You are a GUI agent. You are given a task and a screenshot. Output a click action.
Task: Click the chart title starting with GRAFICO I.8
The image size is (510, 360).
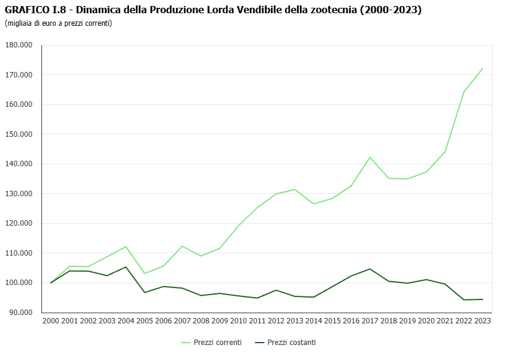213,10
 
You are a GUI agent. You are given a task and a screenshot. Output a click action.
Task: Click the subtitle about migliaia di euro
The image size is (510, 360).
58,23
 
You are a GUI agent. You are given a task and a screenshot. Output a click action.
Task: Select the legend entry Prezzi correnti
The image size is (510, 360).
218,343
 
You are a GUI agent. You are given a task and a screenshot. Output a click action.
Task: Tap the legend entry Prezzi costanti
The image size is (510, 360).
292,343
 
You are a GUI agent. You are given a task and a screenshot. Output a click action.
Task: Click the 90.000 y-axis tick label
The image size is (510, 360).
20,313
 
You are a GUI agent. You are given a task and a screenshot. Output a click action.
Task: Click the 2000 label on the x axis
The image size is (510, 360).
51,321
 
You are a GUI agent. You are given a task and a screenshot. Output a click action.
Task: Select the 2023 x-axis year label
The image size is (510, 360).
482,321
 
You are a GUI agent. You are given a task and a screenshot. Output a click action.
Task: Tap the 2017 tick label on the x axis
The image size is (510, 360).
370,321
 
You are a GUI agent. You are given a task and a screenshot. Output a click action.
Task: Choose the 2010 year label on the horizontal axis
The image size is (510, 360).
238,321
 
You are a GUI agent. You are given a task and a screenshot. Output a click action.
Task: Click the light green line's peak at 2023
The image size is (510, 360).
482,68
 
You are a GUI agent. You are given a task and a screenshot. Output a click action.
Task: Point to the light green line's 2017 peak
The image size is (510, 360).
370,157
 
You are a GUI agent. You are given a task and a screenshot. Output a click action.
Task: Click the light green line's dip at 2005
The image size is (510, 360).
145,274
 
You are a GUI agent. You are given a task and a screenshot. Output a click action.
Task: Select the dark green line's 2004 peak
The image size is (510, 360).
126,267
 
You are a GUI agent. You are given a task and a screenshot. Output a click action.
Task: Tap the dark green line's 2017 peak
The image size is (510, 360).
370,269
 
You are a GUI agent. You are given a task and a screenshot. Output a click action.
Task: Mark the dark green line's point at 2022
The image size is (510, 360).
464,299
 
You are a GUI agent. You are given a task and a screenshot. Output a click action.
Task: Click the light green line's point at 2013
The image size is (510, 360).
295,190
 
